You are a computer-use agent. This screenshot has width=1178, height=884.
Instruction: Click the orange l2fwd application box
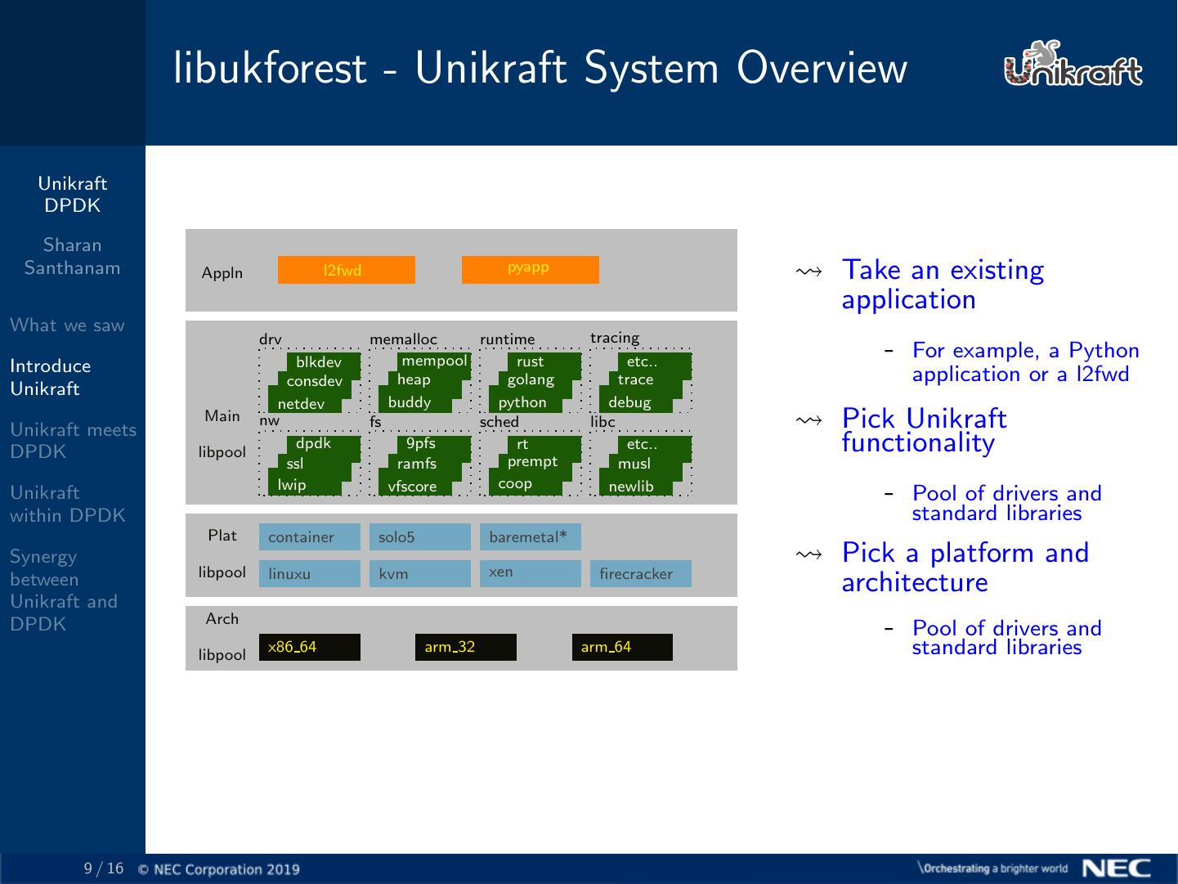[346, 270]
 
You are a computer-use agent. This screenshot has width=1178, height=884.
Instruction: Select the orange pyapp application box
[530, 270]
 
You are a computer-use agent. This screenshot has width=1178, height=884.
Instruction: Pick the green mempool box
[433, 361]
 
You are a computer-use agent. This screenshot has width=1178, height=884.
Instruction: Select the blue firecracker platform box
[640, 573]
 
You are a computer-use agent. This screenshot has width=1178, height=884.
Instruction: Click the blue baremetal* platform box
[530, 536]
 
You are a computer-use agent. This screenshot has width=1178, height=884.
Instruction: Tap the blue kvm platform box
[419, 573]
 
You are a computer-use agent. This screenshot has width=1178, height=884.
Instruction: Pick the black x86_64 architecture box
[309, 647]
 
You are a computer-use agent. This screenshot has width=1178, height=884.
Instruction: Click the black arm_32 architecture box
[465, 647]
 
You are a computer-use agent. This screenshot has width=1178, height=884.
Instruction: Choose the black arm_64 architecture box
[621, 647]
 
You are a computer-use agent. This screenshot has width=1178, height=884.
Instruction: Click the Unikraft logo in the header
[1073, 65]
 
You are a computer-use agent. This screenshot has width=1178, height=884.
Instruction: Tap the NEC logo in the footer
[1116, 868]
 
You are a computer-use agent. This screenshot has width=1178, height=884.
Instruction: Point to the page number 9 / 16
[104, 868]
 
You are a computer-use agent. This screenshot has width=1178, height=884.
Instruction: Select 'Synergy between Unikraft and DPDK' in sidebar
[64, 590]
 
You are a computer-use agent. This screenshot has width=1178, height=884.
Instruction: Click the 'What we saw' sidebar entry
[67, 325]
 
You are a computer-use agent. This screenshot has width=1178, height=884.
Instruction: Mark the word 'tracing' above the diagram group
[615, 338]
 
